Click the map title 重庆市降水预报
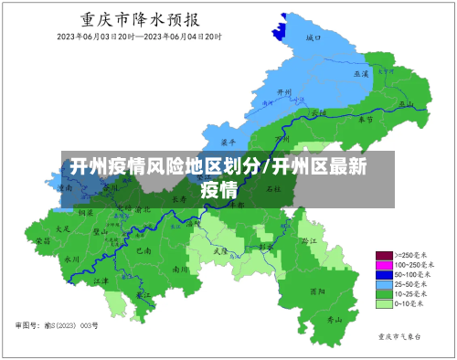tap(142, 19)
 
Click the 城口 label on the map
tap(314, 38)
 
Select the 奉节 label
tap(366, 119)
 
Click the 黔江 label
tap(307, 239)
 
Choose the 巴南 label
tap(142, 249)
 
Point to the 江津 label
tap(101, 281)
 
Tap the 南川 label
tap(181, 270)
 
